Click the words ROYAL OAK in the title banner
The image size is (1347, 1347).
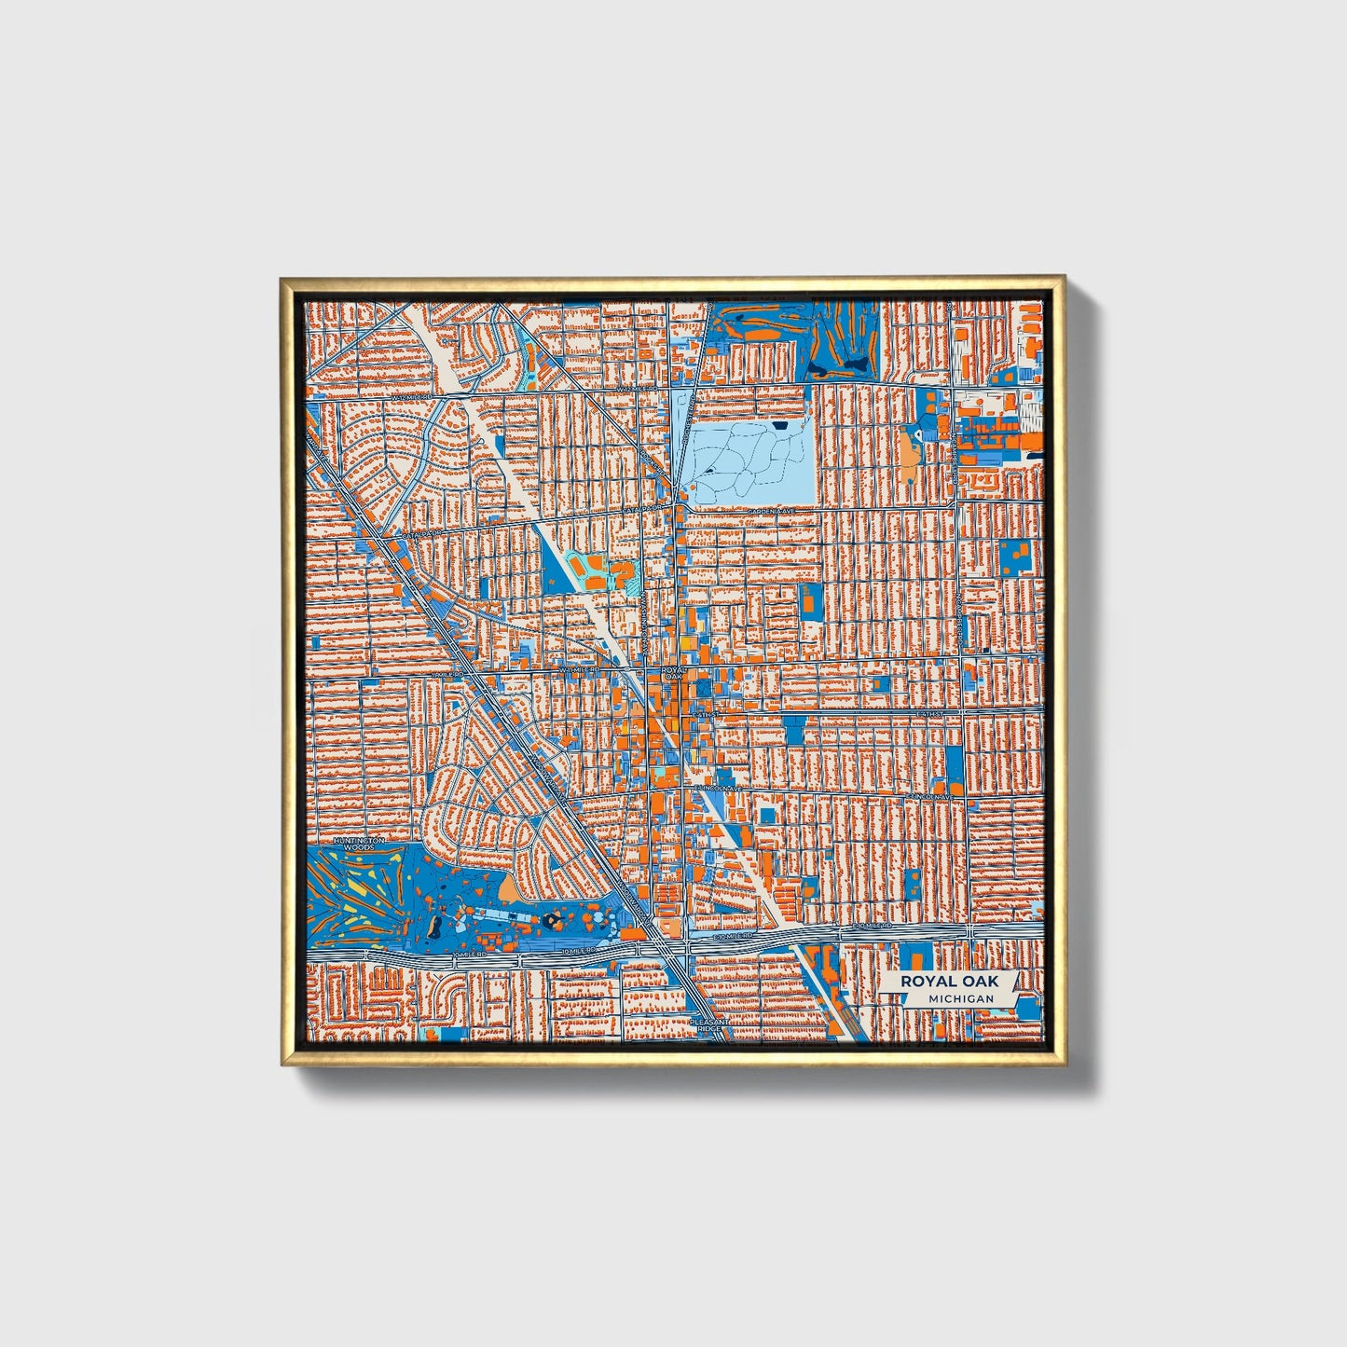[x=948, y=982]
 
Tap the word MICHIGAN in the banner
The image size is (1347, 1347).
[x=960, y=998]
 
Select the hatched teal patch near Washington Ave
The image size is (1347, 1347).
[x=635, y=585]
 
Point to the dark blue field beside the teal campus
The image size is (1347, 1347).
[x=557, y=566]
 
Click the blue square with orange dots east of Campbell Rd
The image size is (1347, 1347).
[x=1016, y=557]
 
